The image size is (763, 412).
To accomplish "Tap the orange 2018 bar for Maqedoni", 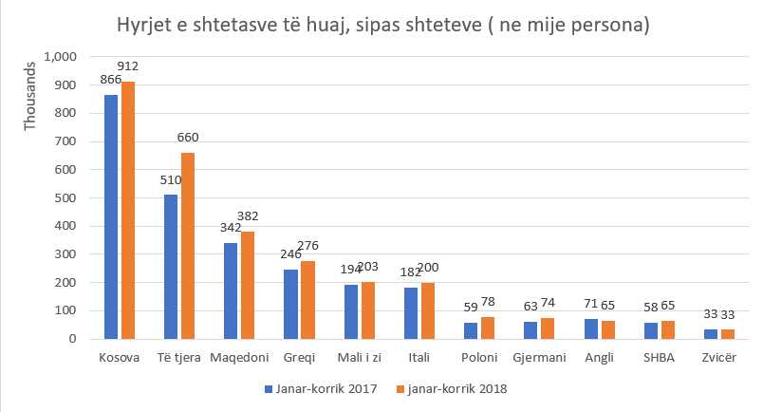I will pos(247,285).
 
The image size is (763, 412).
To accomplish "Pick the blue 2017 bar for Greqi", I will pos(291,304).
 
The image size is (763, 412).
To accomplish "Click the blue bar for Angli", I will pos(591,328).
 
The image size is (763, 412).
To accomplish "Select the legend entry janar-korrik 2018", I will pos(451,389).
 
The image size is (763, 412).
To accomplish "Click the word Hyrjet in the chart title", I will pos(143,26).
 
